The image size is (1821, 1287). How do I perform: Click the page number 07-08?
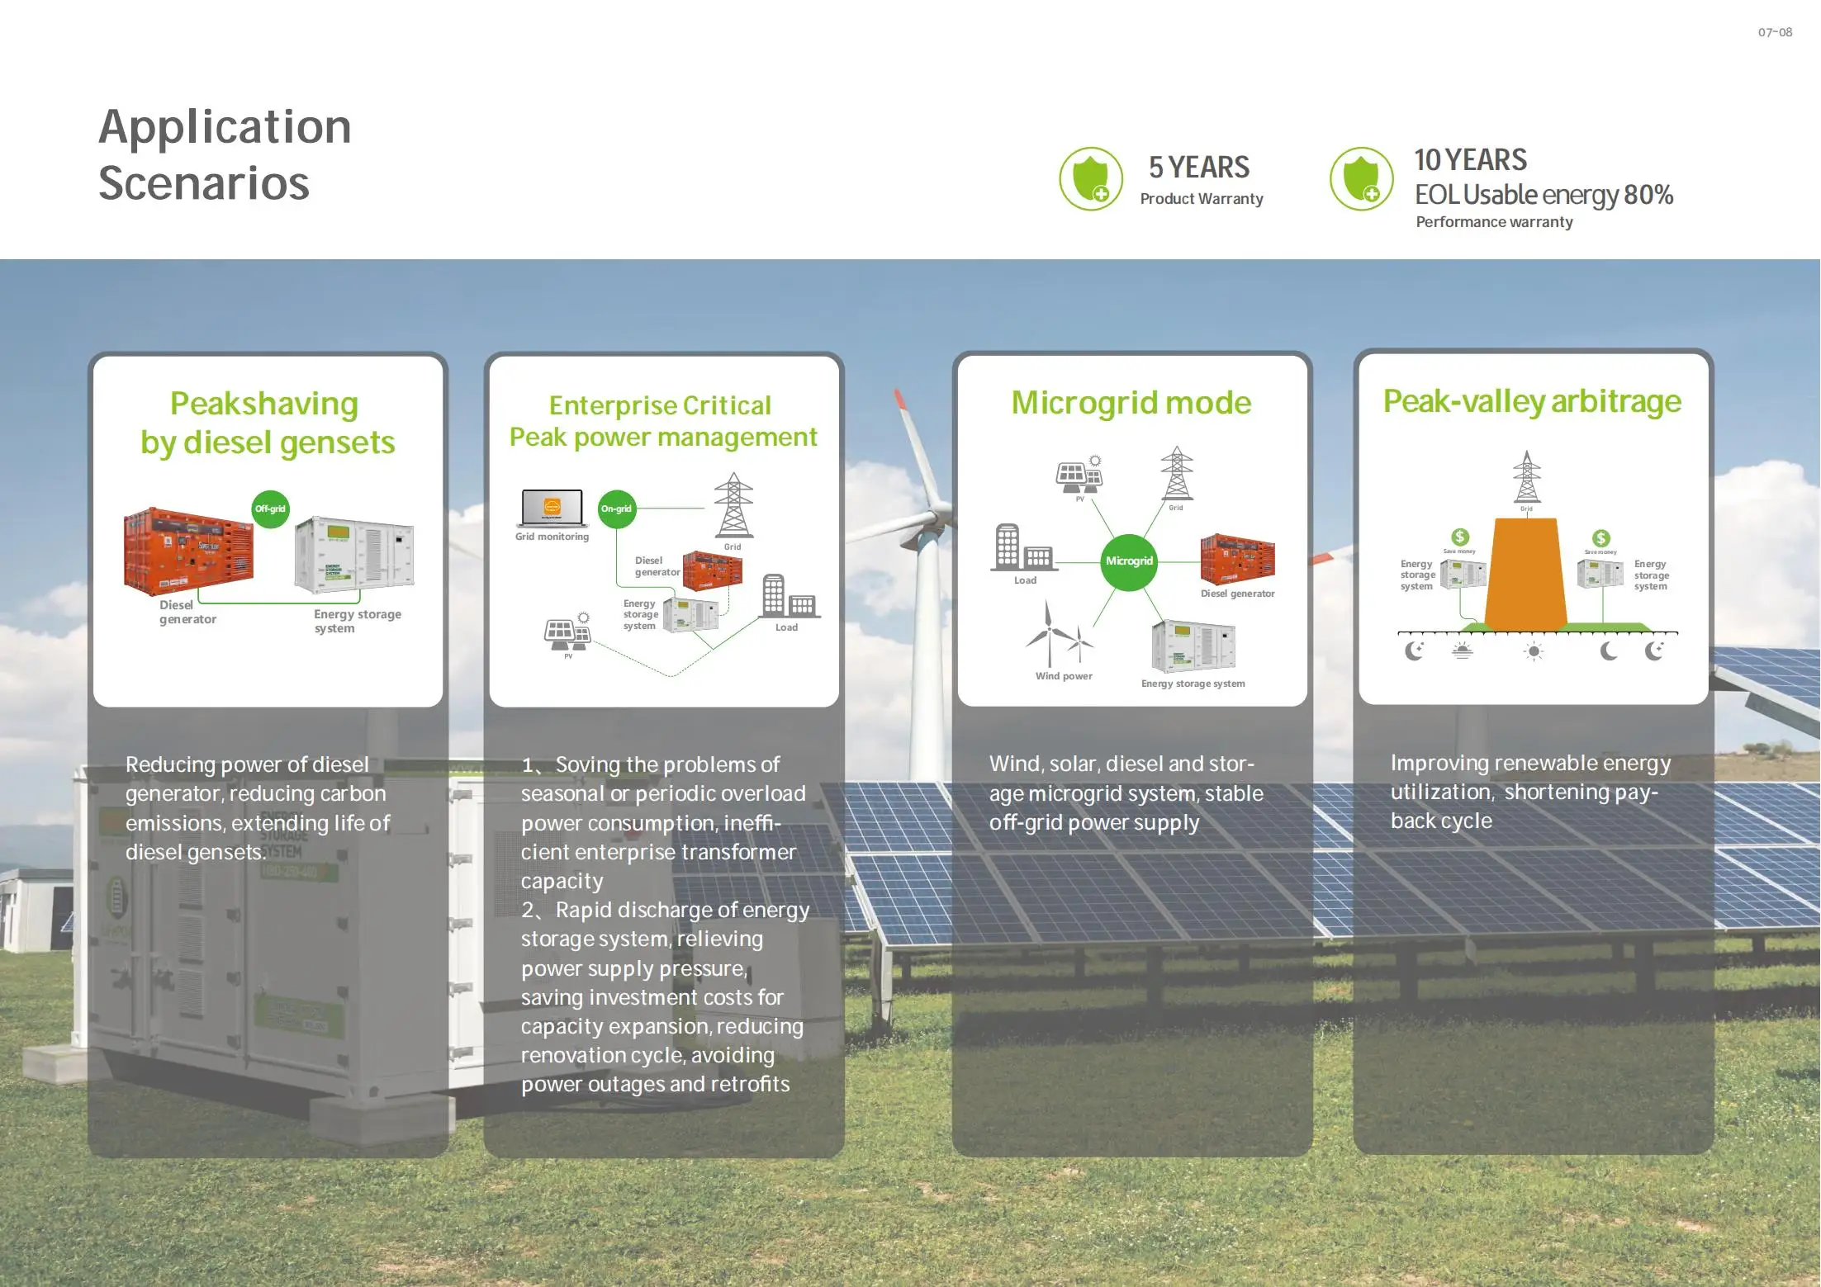(x=1775, y=33)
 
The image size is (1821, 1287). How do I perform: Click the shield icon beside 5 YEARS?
(x=1091, y=179)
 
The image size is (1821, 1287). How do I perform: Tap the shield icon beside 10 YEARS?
(x=1361, y=179)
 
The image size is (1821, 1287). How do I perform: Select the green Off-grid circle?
(x=270, y=509)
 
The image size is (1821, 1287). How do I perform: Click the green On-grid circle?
(x=616, y=509)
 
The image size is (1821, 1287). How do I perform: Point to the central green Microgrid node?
(x=1129, y=561)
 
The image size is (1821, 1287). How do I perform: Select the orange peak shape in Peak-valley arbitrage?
(x=1526, y=574)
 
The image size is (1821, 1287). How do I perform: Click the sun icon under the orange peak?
(x=1534, y=651)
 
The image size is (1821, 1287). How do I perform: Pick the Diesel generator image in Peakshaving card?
(x=188, y=551)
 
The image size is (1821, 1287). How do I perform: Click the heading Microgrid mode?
(x=1131, y=403)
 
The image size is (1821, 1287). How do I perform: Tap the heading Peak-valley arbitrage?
(x=1532, y=401)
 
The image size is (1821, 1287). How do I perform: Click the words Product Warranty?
(x=1202, y=199)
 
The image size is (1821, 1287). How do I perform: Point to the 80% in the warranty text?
(x=1648, y=195)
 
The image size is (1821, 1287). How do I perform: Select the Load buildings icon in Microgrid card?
(x=1022, y=548)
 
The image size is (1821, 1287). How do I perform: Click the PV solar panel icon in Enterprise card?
(x=567, y=634)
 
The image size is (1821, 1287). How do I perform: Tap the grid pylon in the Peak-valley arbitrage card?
(x=1526, y=477)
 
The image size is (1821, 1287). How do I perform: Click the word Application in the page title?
(x=225, y=127)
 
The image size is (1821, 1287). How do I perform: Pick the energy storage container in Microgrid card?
(x=1193, y=646)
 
